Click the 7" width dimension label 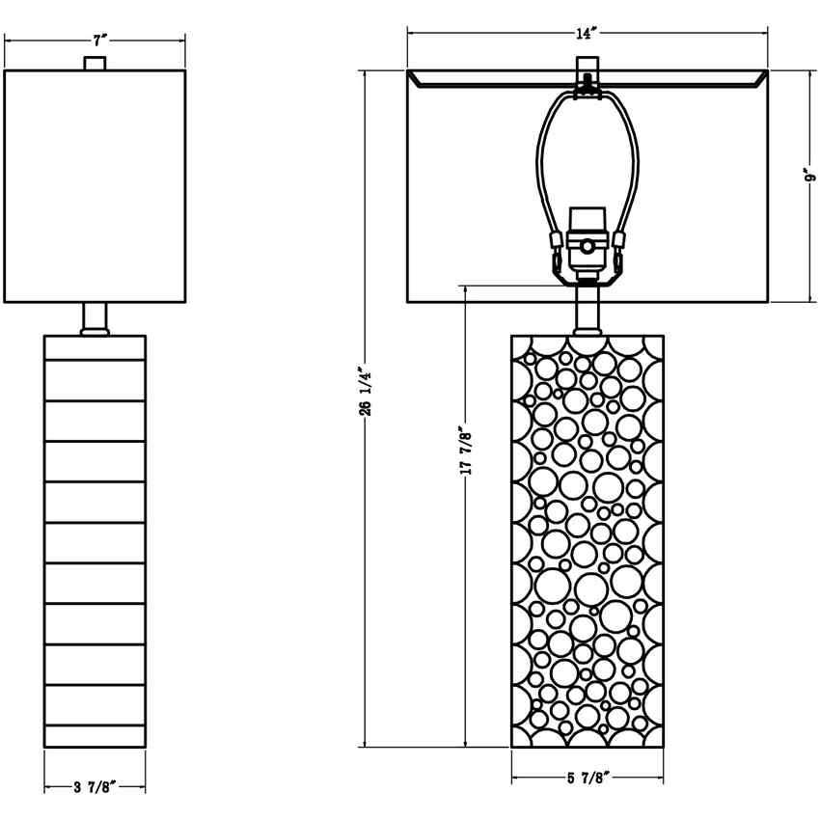tap(99, 41)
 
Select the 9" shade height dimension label tap(811, 179)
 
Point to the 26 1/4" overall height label tap(364, 390)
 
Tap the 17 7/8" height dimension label tap(464, 451)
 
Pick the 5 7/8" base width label tap(587, 778)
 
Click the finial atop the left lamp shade tap(95, 64)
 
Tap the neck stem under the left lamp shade tap(95, 318)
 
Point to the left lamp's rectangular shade tap(95, 185)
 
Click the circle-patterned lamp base tap(587, 540)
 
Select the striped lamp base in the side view tap(95, 540)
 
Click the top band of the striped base tap(95, 347)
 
